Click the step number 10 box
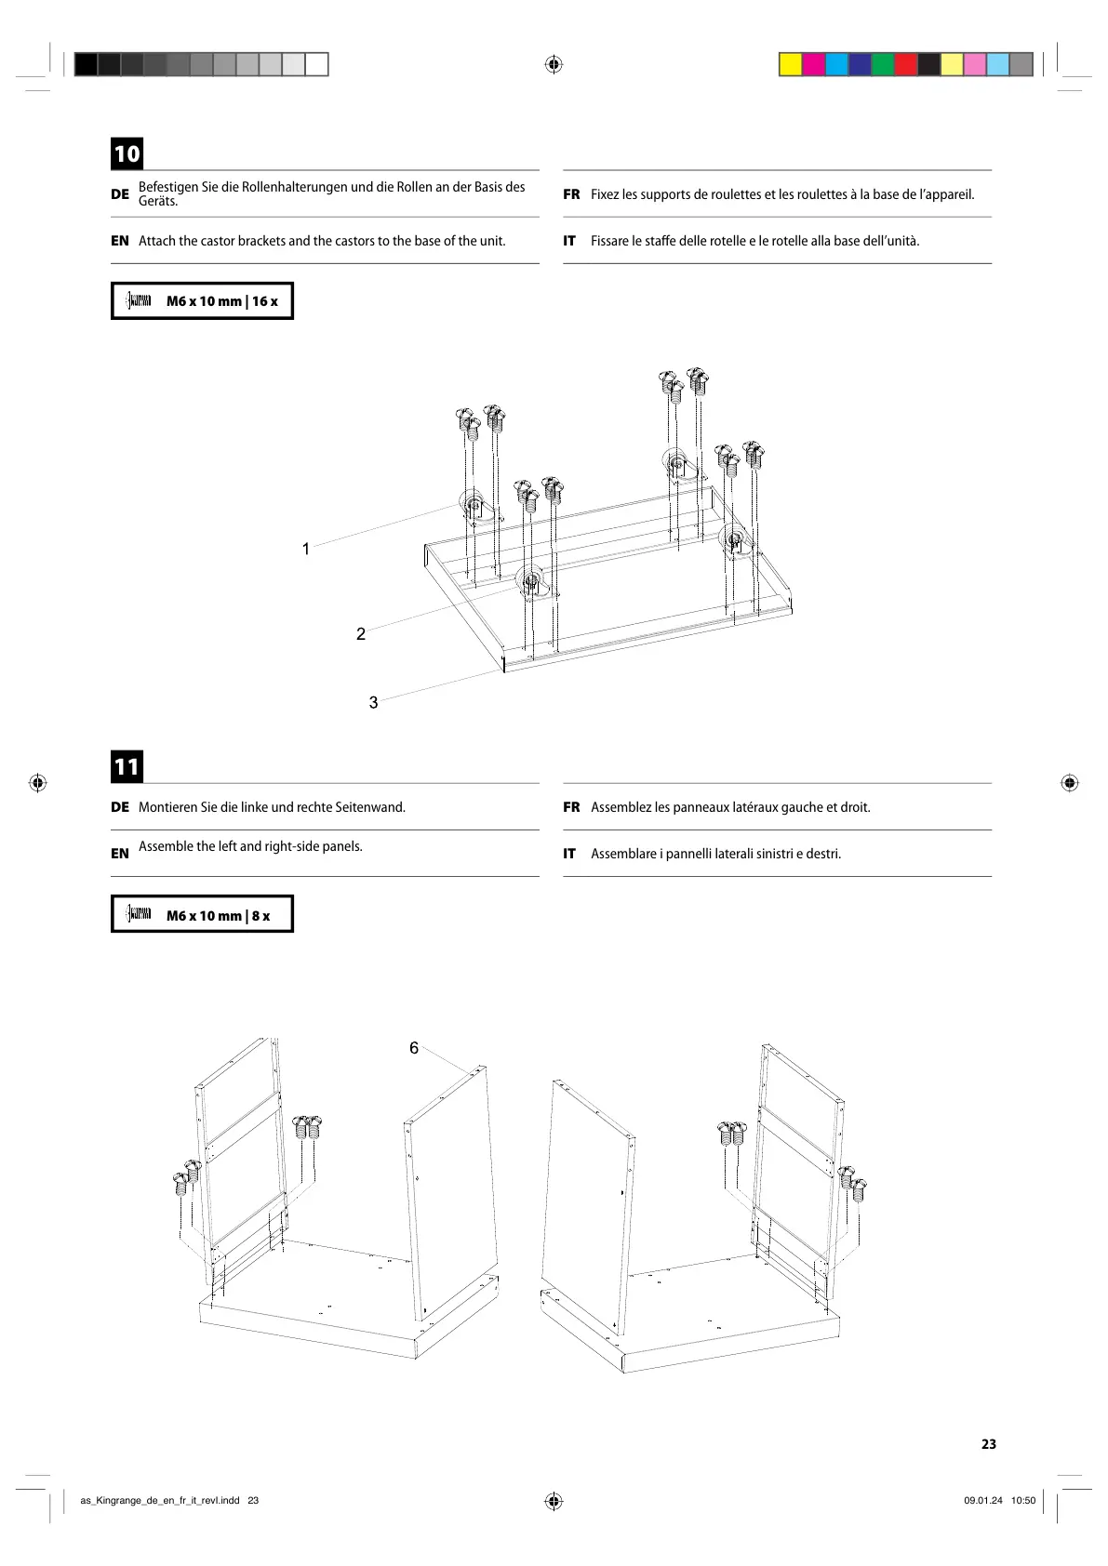pyautogui.click(x=127, y=153)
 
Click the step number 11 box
pyautogui.click(x=127, y=766)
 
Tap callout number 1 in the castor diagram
pyautogui.click(x=306, y=549)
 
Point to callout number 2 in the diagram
pyautogui.click(x=361, y=634)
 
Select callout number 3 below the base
pyautogui.click(x=374, y=703)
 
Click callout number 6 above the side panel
pyautogui.click(x=414, y=1048)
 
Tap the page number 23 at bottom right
pyautogui.click(x=988, y=1444)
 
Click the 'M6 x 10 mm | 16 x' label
pyautogui.click(x=221, y=301)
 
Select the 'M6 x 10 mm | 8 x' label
pyautogui.click(x=218, y=916)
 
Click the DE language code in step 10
pyautogui.click(x=120, y=194)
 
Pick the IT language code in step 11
pyautogui.click(x=569, y=854)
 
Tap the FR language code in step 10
pyautogui.click(x=571, y=194)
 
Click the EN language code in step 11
pyautogui.click(x=120, y=854)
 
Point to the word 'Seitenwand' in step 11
pyautogui.click(x=369, y=807)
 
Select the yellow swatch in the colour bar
pyautogui.click(x=790, y=64)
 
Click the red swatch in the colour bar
pyautogui.click(x=905, y=64)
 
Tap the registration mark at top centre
pyautogui.click(x=554, y=64)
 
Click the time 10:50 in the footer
pyautogui.click(x=1023, y=1500)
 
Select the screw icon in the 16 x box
pyautogui.click(x=140, y=300)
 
